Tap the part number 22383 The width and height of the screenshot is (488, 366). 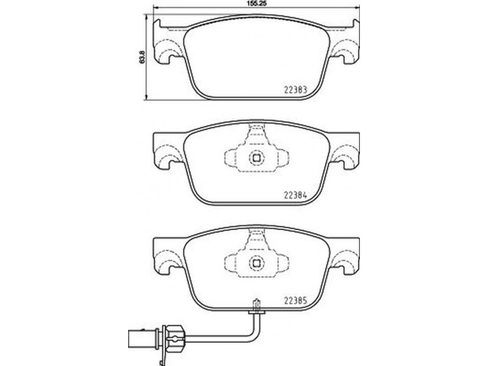[295, 90]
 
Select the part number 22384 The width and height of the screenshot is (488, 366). [295, 195]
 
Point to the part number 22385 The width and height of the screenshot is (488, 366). [295, 301]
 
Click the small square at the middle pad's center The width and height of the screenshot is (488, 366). [256, 158]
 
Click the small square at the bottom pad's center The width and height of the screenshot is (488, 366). [256, 264]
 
